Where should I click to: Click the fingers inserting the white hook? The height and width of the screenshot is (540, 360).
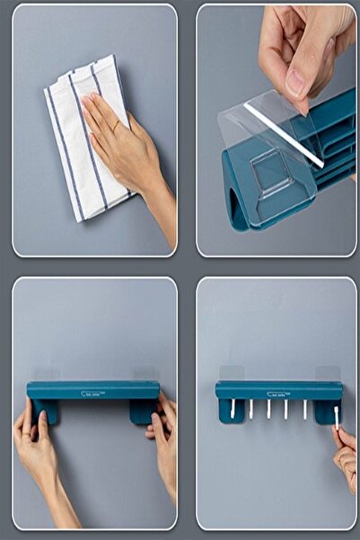click(x=346, y=449)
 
